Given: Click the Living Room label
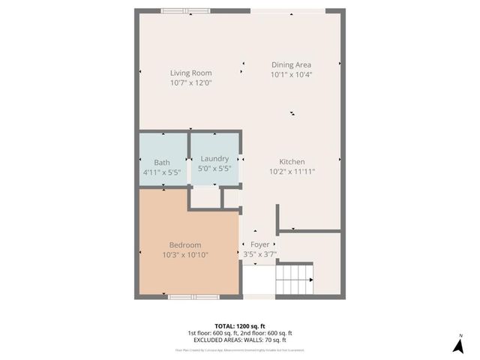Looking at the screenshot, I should (x=191, y=73).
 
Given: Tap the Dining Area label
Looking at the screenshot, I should (x=291, y=64).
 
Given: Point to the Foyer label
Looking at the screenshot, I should (x=259, y=244).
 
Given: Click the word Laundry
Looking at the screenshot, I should (x=214, y=159).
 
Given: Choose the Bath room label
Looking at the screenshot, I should (x=162, y=163).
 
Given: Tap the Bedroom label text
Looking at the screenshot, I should (x=184, y=245).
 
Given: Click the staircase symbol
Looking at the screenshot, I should (x=294, y=280).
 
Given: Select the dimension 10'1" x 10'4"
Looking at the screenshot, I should (x=291, y=74).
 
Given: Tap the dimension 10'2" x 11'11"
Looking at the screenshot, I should (x=292, y=172).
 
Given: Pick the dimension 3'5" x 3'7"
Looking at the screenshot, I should (x=259, y=254).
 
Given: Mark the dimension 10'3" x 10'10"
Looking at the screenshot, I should (x=184, y=255).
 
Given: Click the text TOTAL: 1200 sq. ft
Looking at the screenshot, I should (x=240, y=326).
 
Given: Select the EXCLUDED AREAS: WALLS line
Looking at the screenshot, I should (x=240, y=340).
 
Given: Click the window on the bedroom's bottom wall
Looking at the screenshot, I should (x=188, y=297).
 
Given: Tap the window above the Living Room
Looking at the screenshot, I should (x=185, y=10).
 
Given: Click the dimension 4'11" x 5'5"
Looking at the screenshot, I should (x=162, y=172).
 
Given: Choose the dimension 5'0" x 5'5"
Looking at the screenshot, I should (x=214, y=169).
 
